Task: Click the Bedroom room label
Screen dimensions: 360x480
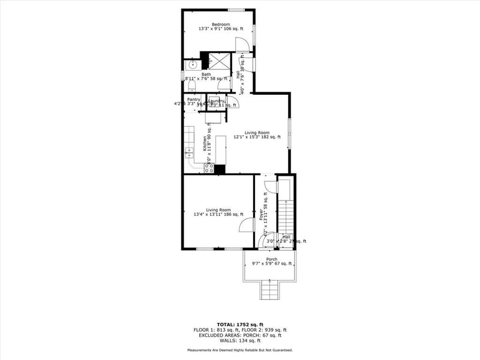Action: click(x=220, y=25)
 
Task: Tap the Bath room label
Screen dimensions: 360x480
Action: click(x=206, y=74)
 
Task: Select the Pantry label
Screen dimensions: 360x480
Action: click(x=193, y=99)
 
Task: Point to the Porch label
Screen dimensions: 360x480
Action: click(x=272, y=259)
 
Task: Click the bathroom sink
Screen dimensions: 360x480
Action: click(x=193, y=64)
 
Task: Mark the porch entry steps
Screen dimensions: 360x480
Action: click(x=269, y=292)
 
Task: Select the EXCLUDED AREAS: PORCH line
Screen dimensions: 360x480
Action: click(x=240, y=335)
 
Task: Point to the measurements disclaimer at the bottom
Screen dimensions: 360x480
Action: click(x=240, y=350)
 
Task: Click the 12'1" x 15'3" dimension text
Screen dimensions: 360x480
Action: click(x=257, y=137)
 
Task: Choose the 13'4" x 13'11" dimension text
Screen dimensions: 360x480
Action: click(x=218, y=214)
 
